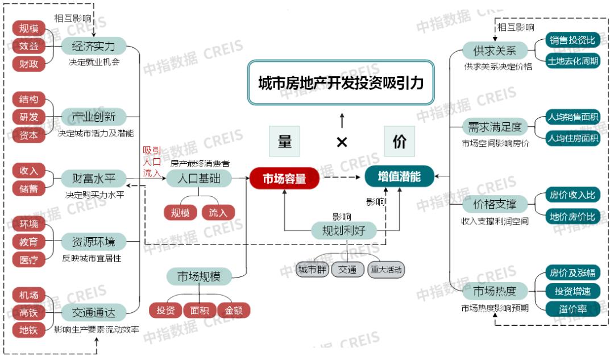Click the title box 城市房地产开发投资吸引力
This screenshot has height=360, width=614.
pos(341,83)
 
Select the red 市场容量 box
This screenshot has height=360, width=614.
pos(284,179)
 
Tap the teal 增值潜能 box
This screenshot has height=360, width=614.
pos(399,177)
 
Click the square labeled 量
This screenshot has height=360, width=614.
pos(284,142)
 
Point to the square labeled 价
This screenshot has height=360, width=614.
pos(399,142)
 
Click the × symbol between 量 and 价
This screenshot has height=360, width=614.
pos(342,142)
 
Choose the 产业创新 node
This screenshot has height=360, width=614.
pos(93,118)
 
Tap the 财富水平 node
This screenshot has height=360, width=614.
pos(93,179)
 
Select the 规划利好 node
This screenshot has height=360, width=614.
pos(343,230)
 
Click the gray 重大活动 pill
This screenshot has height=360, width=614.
pos(386,270)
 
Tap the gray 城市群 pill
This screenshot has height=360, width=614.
pos(312,270)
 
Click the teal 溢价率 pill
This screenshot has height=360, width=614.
pos(572,309)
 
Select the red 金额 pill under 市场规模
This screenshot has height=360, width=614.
pos(234,311)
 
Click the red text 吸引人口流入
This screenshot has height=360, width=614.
pos(152,162)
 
